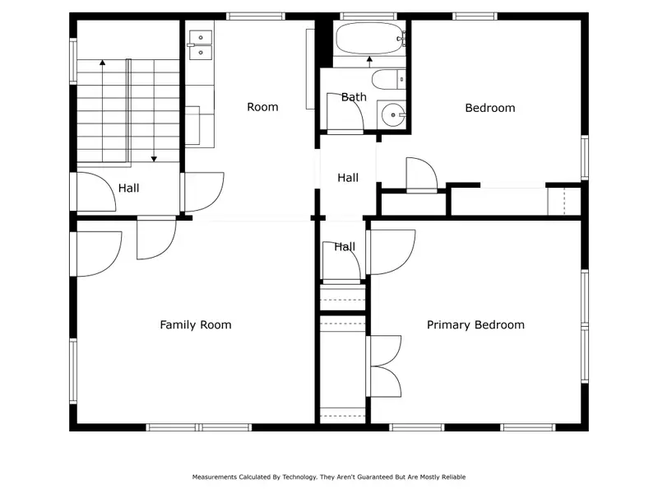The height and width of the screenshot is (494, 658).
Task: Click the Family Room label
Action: [x=196, y=324]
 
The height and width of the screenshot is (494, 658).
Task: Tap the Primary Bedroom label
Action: [x=475, y=324]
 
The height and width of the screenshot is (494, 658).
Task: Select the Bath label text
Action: [x=354, y=97]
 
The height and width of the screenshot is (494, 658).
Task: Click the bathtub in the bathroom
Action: [x=370, y=39]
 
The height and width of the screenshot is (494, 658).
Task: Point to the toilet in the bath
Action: [x=388, y=79]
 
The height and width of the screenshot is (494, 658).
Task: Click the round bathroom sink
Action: [x=393, y=114]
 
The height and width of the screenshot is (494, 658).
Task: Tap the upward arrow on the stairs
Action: [x=102, y=110]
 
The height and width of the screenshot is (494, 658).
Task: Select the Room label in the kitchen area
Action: [x=262, y=107]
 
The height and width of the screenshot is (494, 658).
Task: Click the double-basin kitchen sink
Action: [x=201, y=44]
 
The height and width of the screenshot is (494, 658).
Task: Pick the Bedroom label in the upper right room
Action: [x=490, y=108]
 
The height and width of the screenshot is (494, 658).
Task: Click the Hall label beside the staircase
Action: [x=128, y=188]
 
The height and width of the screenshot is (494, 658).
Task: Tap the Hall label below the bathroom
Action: [x=348, y=178]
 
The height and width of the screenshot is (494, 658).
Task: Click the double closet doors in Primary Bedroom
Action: [x=384, y=366]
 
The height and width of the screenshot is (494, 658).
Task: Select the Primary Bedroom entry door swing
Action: [x=392, y=252]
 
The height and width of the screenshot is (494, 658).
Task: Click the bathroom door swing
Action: [x=345, y=111]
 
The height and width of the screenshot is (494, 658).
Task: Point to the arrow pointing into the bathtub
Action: [x=369, y=61]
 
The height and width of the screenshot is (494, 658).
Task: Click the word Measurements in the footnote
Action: [x=215, y=477]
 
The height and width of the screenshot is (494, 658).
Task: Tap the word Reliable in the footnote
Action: [x=453, y=477]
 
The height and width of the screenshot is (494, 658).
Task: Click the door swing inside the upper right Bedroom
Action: [x=422, y=175]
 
